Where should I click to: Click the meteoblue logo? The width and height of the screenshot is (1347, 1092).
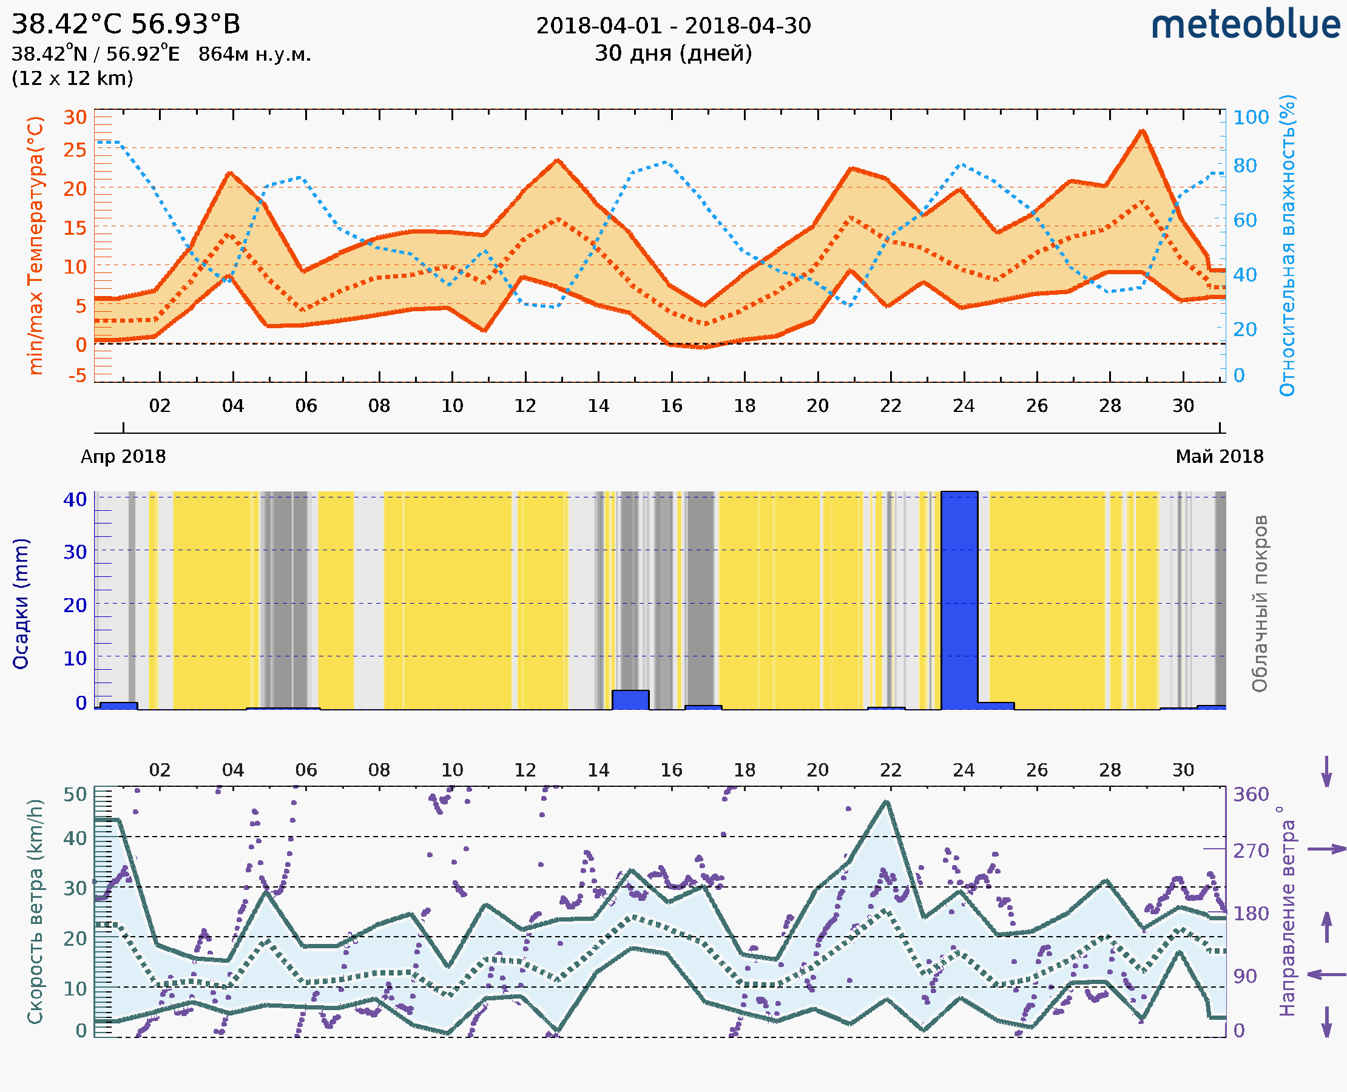pos(1245,25)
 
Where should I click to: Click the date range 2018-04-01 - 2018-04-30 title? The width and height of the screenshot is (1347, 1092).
pos(673,26)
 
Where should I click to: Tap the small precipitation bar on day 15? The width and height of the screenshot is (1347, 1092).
pos(630,699)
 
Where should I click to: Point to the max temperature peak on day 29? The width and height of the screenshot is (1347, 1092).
pos(1142,131)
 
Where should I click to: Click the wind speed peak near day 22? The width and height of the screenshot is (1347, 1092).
pos(886,802)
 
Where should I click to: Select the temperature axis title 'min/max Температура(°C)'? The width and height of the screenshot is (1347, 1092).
pos(36,245)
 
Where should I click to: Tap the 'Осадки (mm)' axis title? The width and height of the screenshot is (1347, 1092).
pos(21,603)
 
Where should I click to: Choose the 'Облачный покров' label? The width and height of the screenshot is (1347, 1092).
pos(1259,603)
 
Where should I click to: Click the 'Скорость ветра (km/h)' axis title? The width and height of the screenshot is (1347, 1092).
pos(35,911)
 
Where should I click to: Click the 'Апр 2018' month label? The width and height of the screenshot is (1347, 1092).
pos(123,456)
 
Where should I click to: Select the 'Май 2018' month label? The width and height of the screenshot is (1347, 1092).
pos(1220,456)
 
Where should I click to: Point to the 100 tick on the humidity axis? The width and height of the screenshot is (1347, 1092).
pos(1251,118)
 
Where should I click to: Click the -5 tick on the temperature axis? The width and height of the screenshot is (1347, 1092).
pos(78,376)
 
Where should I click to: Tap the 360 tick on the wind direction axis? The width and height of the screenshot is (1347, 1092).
pos(1251,795)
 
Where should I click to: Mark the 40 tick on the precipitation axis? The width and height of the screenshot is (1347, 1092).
pos(75,499)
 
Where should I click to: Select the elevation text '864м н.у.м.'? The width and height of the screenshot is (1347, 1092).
pos(255,55)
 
